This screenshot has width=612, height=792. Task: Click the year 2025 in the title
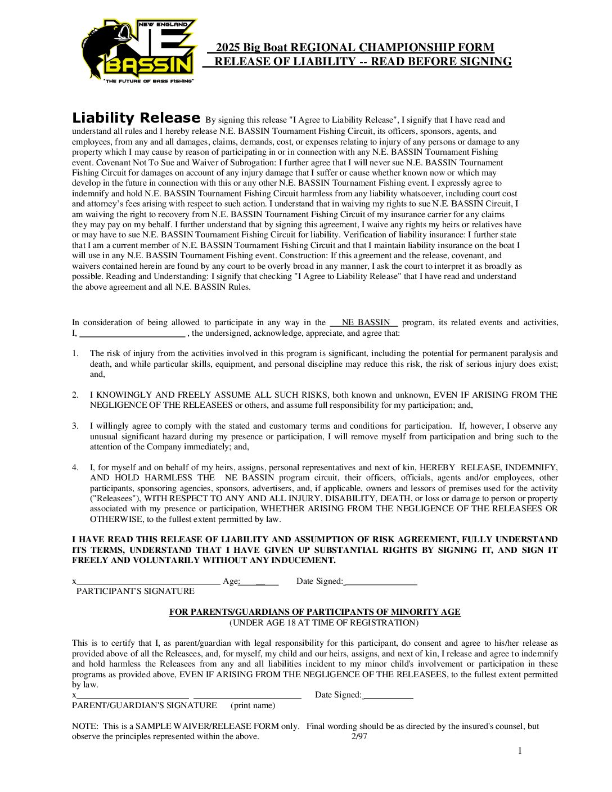(228, 48)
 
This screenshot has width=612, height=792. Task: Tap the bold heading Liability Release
(136, 118)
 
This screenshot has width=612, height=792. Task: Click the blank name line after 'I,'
(132, 334)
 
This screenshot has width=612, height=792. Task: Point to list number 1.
(75, 354)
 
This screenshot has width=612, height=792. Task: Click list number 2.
(75, 395)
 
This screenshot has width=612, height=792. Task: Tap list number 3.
(75, 426)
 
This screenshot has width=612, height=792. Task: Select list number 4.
(75, 467)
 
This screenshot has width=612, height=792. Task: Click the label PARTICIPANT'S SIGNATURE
(136, 591)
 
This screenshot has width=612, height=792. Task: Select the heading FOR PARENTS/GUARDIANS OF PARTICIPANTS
(315, 612)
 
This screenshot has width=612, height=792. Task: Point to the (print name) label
(253, 705)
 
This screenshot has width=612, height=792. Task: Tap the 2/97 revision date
(359, 736)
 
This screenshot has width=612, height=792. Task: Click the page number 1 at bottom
(520, 751)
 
